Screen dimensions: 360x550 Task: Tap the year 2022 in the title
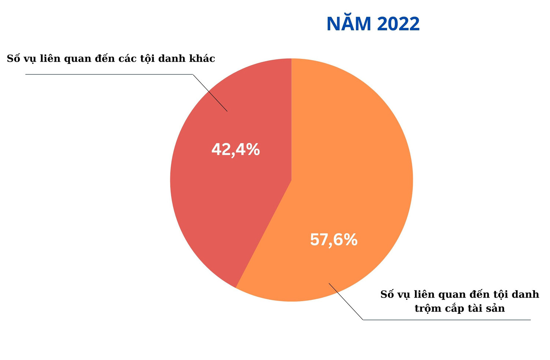pos(398,24)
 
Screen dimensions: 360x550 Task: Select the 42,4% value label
pos(235,150)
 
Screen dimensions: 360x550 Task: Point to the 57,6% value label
pos(334,240)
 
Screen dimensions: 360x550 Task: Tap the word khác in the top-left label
pos(202,58)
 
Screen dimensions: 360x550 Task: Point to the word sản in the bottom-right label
pos(495,308)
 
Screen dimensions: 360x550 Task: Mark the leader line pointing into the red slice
pos(210,93)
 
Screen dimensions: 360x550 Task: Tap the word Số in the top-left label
pos(13,58)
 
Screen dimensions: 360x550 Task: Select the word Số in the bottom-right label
pos(387,294)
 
